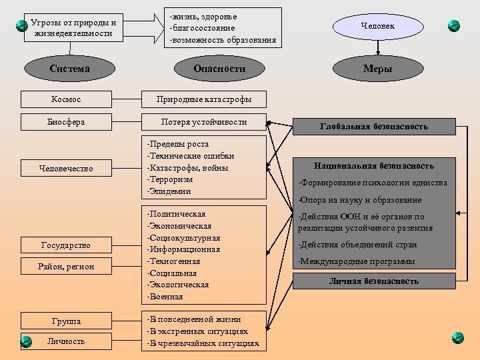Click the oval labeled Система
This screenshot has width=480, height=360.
(x=70, y=69)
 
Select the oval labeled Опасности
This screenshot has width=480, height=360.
(x=219, y=69)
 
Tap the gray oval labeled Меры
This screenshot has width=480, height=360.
(x=377, y=69)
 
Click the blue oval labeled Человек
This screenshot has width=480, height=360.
(x=377, y=26)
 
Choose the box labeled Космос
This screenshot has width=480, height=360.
(x=66, y=99)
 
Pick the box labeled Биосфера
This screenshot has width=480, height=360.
(x=66, y=122)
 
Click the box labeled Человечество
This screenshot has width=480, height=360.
(x=66, y=169)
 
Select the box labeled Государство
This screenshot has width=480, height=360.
(x=66, y=245)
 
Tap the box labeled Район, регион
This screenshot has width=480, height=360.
(x=66, y=267)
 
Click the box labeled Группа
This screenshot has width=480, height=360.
(x=66, y=321)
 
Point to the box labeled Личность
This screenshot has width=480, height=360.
(x=66, y=341)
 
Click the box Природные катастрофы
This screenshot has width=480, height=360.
(x=204, y=99)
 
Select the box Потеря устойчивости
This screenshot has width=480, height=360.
(x=204, y=122)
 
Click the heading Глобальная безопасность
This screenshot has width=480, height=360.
(x=373, y=126)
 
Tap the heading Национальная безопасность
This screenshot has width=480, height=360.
(x=373, y=165)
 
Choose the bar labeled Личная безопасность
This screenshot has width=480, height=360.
(x=373, y=281)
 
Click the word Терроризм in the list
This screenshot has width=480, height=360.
(x=171, y=180)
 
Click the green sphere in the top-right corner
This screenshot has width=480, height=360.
(x=454, y=26)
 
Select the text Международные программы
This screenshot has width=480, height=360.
(x=357, y=261)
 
